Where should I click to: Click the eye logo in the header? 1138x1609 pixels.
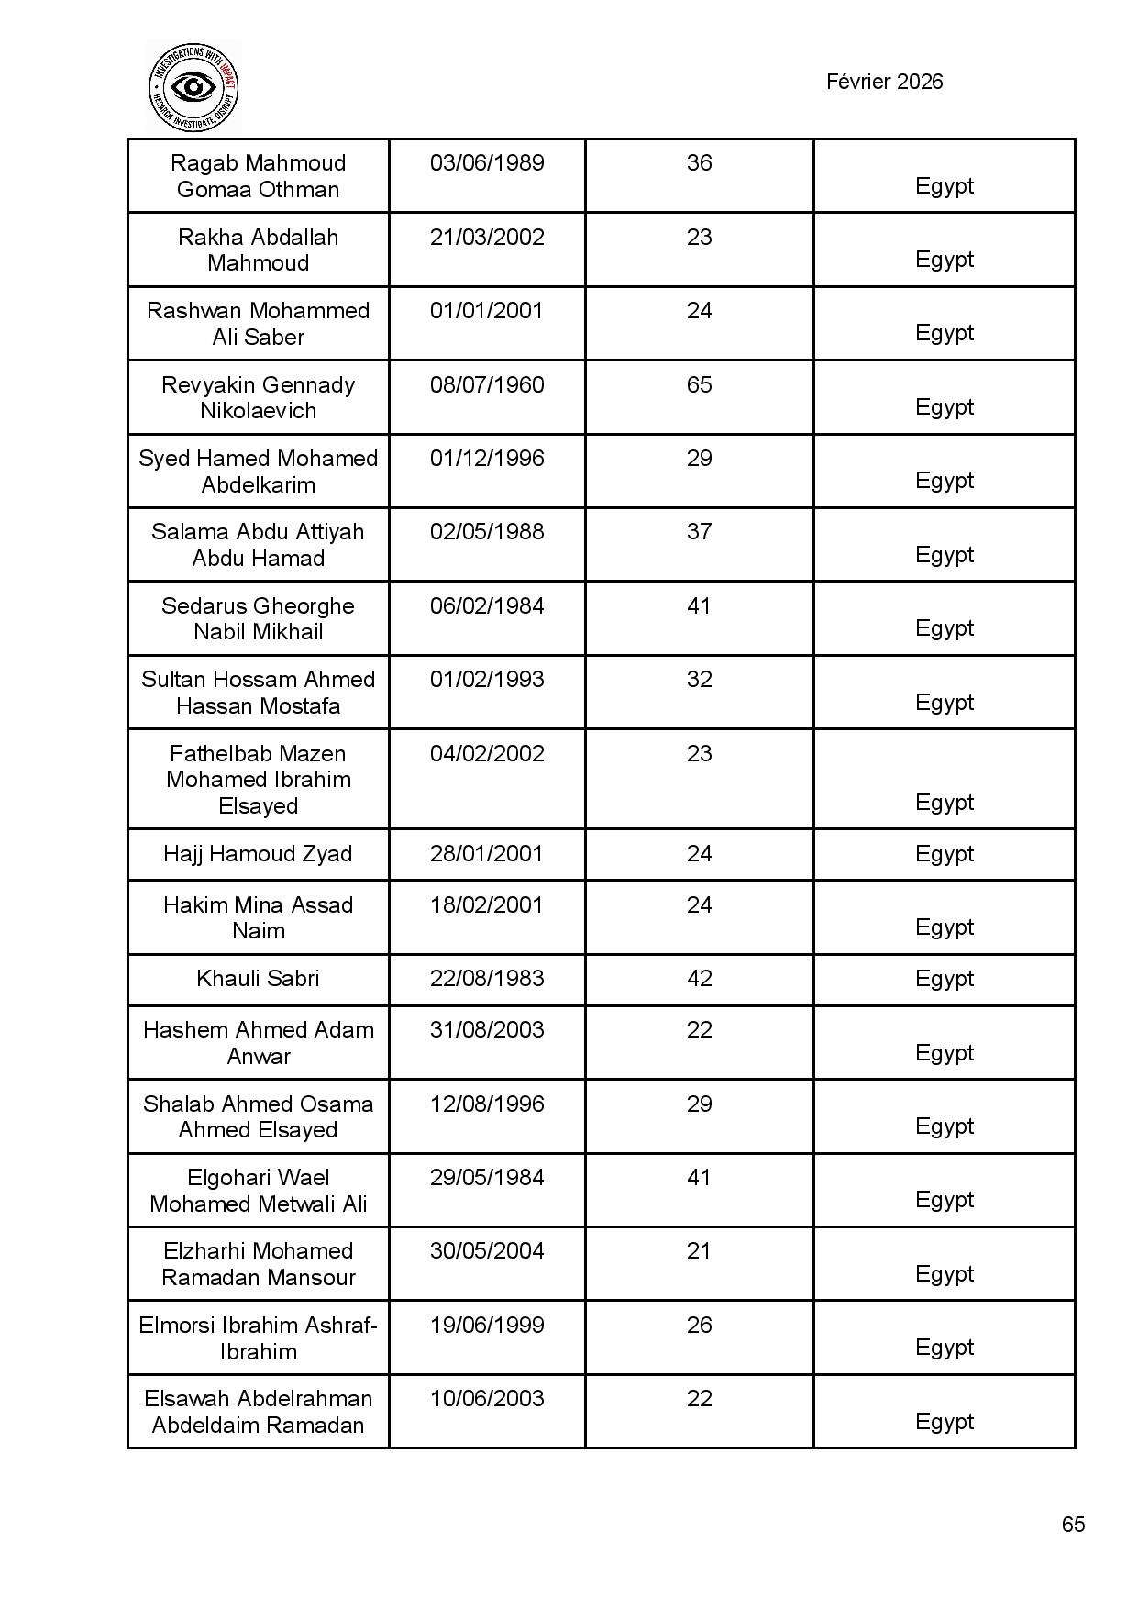(193, 87)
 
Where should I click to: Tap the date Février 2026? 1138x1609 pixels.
(884, 82)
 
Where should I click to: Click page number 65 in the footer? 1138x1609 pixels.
(1073, 1524)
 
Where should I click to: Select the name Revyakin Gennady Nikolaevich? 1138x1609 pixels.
(258, 397)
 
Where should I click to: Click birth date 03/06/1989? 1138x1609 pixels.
(487, 163)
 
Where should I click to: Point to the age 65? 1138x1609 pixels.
(699, 384)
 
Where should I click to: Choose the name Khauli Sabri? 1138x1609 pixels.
(258, 979)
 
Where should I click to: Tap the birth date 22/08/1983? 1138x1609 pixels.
(487, 979)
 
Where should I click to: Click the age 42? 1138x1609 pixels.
(699, 979)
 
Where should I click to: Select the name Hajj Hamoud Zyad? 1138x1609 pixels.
(258, 854)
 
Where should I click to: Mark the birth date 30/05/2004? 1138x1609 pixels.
(487, 1251)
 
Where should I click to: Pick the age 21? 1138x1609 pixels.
(699, 1251)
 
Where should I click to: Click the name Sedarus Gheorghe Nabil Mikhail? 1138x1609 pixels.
(258, 618)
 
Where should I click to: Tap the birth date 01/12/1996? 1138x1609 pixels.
(487, 459)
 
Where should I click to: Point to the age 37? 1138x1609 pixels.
(699, 532)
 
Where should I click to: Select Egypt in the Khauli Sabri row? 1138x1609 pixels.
(944, 979)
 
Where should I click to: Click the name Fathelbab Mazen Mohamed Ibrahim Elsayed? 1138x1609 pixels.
(258, 780)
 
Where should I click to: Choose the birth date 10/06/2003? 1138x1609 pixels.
(487, 1399)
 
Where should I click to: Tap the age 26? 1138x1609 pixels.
(699, 1326)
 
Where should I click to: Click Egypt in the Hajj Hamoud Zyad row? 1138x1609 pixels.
(944, 854)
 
